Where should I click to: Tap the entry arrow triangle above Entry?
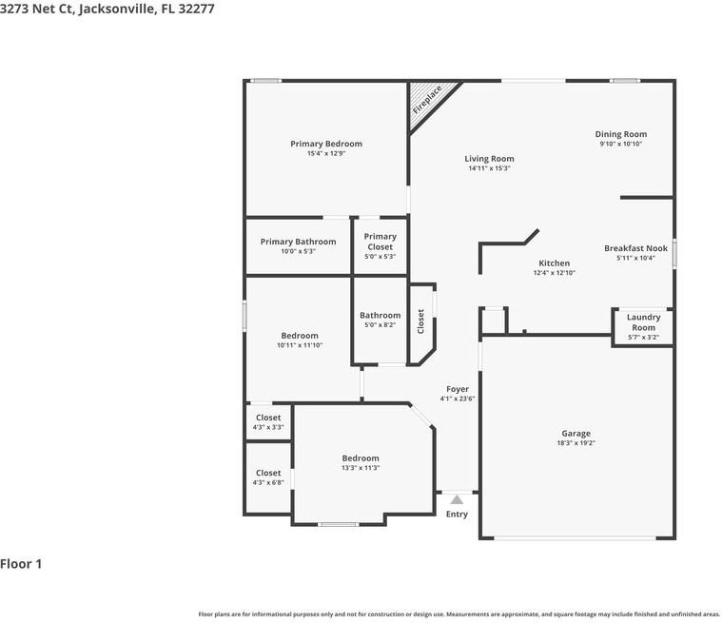coord(457,499)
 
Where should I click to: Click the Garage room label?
coord(576,434)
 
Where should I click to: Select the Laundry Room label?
coord(643,322)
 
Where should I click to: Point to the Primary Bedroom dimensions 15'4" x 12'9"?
coord(326,154)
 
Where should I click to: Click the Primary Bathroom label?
coord(298,242)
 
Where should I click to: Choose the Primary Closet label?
coord(380,242)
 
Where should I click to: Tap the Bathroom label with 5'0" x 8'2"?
coord(380,315)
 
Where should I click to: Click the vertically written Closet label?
coord(421,321)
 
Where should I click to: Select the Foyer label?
coord(458,389)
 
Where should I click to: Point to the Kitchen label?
coord(554,263)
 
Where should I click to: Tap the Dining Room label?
coord(621,134)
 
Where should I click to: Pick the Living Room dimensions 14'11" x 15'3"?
coord(489,168)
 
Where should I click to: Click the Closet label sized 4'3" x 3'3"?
coord(268,418)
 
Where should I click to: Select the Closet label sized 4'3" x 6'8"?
coord(268,473)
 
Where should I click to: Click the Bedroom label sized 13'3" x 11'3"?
coord(361,458)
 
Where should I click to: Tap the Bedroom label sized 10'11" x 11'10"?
coord(300,336)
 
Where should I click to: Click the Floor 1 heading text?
coord(21,564)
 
